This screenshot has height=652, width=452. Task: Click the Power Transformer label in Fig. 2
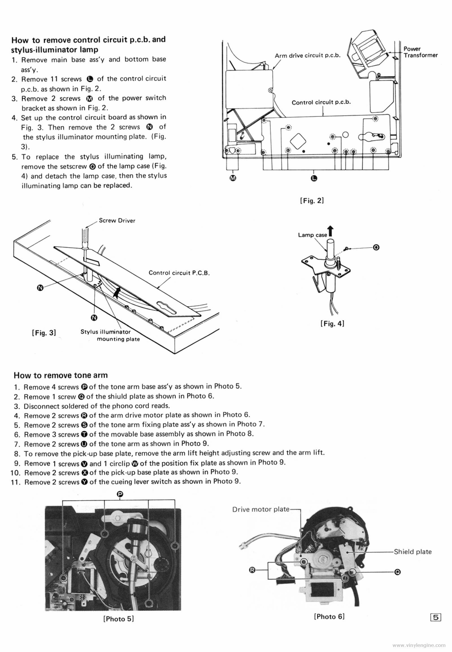[x=420, y=52]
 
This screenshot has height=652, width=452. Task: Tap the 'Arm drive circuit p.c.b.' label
[x=307, y=55]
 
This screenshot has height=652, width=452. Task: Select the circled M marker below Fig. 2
[x=233, y=178]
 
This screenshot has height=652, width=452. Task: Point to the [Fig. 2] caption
[x=311, y=201]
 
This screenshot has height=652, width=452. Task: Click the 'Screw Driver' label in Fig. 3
[x=117, y=221]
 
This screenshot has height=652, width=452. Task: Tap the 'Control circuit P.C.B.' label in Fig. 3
[x=179, y=273]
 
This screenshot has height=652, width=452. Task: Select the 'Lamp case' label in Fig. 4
[x=312, y=235]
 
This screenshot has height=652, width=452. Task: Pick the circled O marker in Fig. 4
[x=376, y=247]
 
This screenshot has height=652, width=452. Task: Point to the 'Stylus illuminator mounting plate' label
[x=110, y=335]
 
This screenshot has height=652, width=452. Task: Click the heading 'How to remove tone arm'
[x=61, y=375]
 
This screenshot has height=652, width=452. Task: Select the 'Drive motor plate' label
[x=261, y=509]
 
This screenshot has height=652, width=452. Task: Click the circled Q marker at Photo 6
[x=397, y=572]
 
